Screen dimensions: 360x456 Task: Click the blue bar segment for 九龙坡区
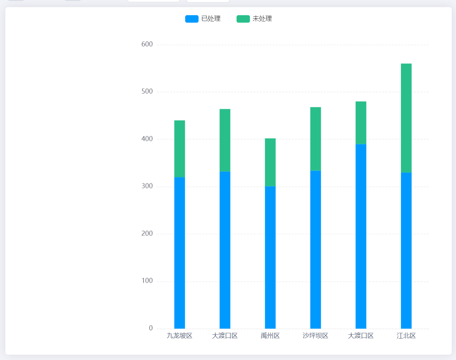pos(179,253)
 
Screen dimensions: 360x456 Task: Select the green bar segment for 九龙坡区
pos(179,149)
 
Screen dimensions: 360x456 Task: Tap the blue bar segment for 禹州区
pos(270,257)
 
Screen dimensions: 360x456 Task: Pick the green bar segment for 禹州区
pos(270,162)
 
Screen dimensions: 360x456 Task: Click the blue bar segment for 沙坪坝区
pos(315,249)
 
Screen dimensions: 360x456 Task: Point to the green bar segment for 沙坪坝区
pos(315,139)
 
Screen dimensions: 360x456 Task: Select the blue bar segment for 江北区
pos(406,250)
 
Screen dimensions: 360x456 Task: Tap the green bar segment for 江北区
pos(406,118)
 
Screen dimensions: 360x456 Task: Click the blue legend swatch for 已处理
pos(192,19)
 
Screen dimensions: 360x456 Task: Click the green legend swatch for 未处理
pos(243,19)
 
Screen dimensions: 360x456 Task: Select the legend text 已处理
pos(211,19)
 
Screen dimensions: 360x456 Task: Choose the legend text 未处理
pos(262,19)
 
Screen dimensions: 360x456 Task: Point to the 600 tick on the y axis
pos(147,44)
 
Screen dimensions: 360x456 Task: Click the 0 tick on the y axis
pos(151,328)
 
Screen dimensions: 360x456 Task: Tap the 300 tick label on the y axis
pos(147,186)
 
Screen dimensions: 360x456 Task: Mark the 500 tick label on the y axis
pos(147,92)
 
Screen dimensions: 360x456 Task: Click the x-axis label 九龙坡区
pos(179,336)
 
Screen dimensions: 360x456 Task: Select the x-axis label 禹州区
pos(270,336)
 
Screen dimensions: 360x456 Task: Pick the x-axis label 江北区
pos(406,336)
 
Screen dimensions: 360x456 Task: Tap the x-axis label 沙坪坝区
pos(315,336)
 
